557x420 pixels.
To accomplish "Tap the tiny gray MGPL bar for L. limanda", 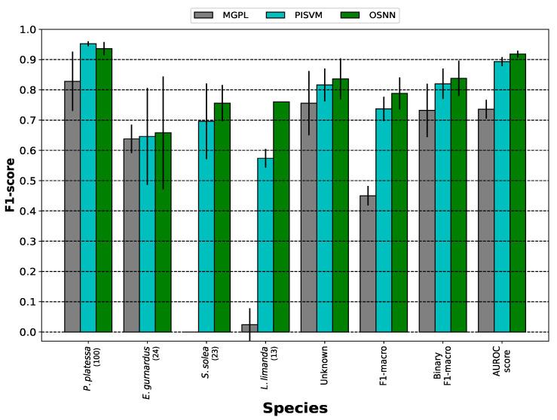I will point(249,328).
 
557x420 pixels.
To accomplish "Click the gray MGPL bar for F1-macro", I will point(368,263).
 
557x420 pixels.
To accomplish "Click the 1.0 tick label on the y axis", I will point(26,29).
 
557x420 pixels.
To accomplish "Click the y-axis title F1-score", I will point(10,181).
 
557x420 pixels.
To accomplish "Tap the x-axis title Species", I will point(295,409).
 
